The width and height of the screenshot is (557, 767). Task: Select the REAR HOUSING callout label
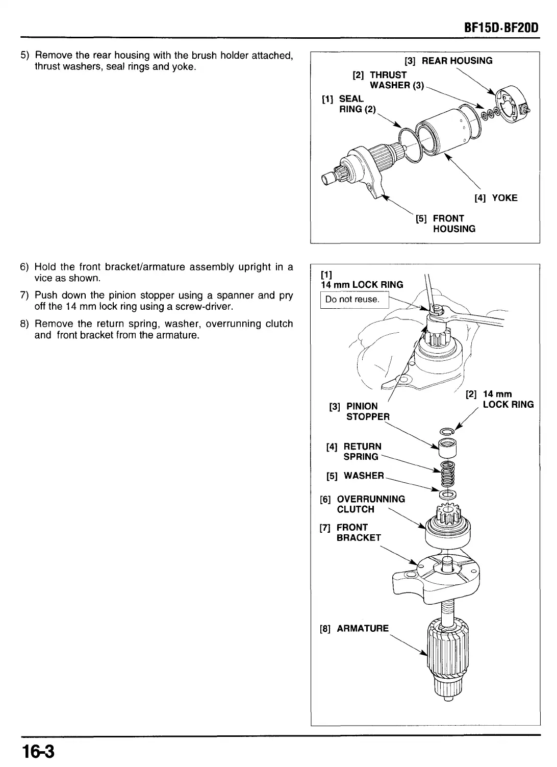click(448, 61)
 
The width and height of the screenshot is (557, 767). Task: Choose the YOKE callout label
click(496, 198)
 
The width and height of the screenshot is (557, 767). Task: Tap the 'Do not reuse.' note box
click(352, 300)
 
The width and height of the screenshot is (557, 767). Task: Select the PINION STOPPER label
click(361, 411)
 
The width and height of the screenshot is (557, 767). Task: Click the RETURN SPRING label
click(354, 452)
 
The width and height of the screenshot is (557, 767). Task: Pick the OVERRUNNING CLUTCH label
click(363, 504)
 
